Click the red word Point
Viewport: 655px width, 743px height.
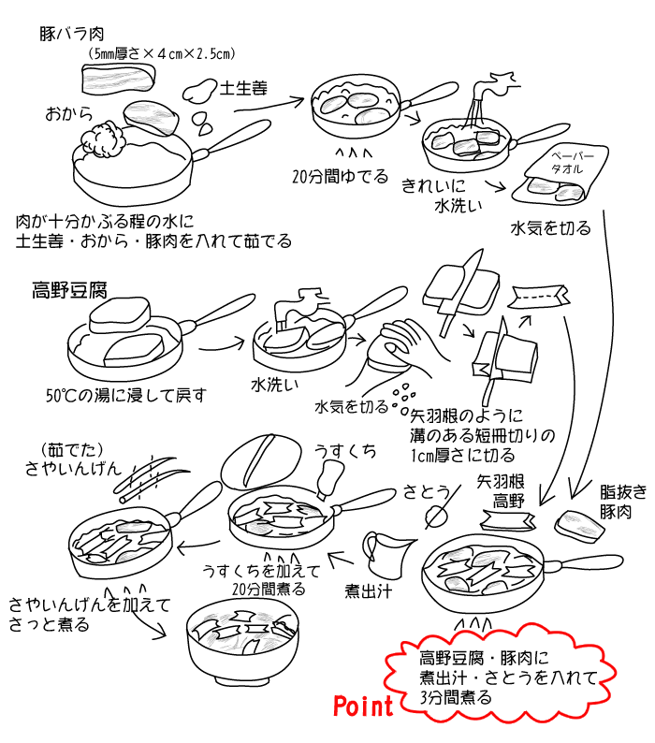pos(364,706)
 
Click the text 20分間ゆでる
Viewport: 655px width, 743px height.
pos(339,176)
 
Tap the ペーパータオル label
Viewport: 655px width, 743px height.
pos(567,163)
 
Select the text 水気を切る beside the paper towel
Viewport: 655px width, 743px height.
pos(550,227)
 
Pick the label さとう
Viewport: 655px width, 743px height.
pos(426,490)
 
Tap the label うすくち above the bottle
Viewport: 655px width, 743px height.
pos(346,451)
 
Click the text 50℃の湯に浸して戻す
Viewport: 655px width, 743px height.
pos(124,394)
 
